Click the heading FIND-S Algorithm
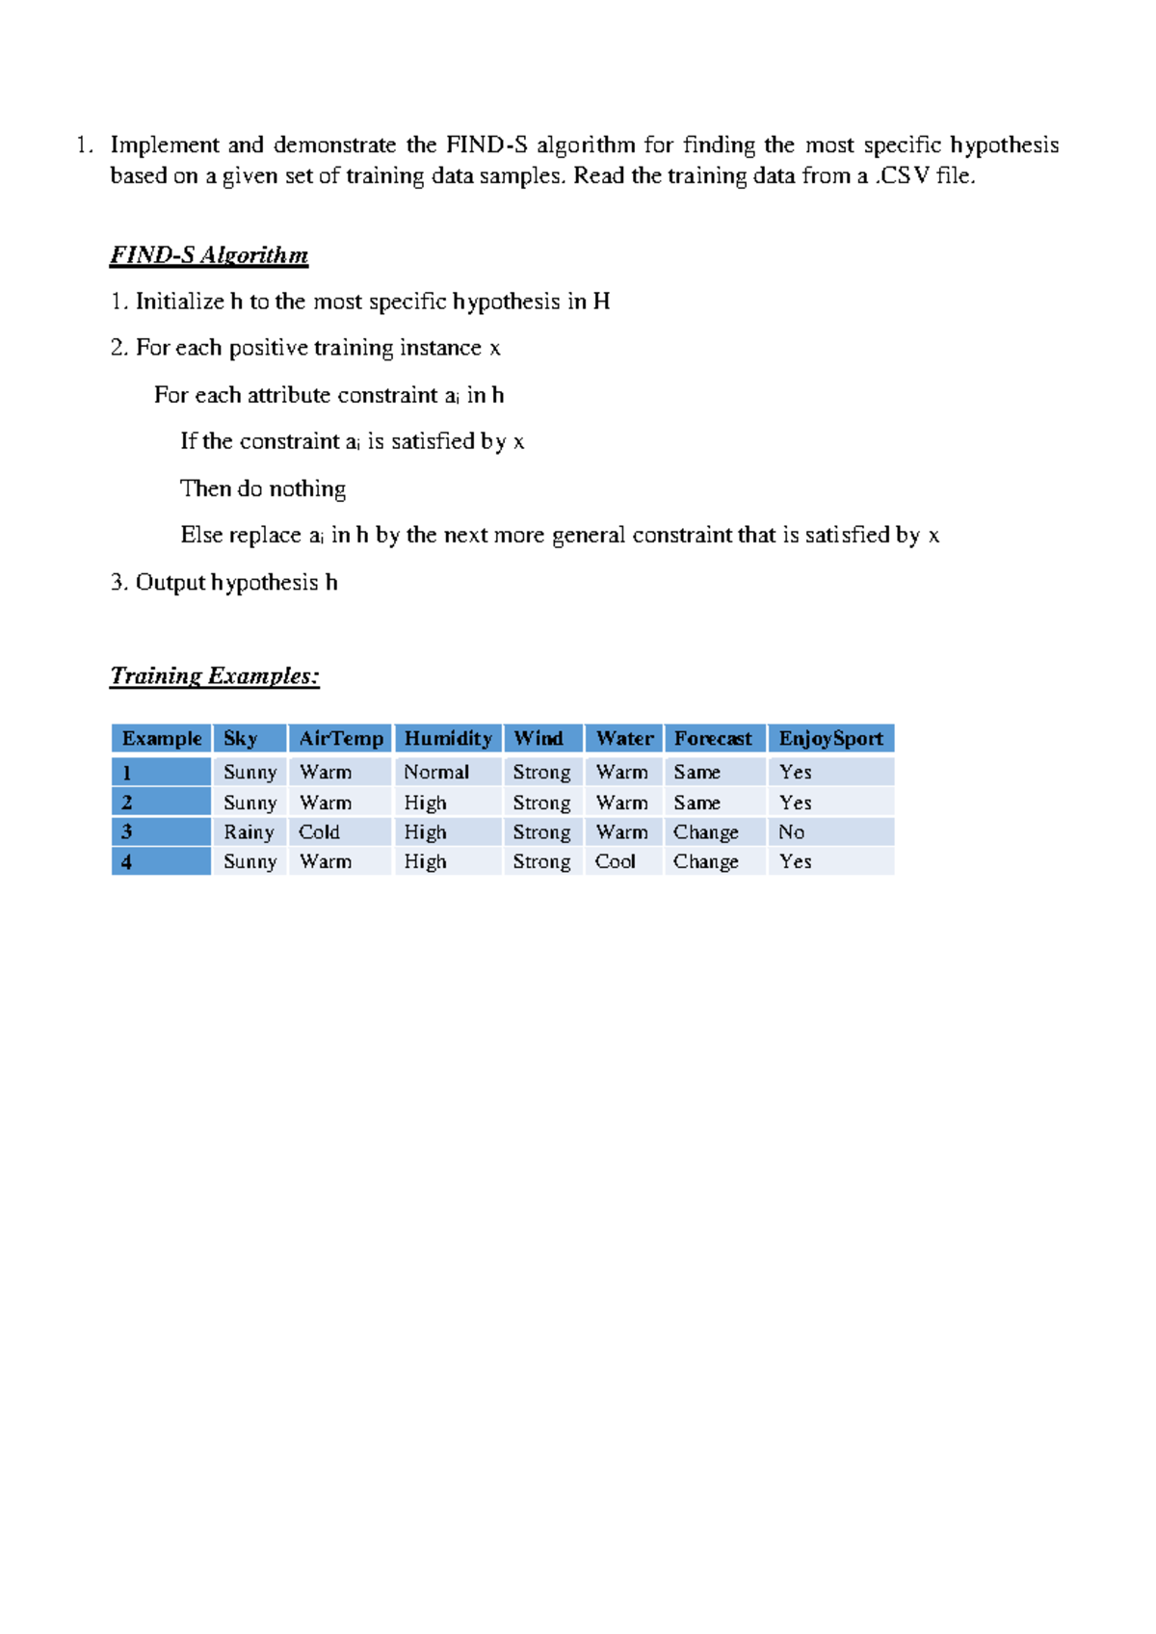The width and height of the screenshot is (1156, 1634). coord(209,255)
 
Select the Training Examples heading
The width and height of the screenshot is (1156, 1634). coord(214,675)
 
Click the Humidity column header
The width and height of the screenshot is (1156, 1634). coord(447,739)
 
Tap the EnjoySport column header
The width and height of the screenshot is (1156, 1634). coord(830,739)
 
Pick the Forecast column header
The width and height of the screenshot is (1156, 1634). coord(713,739)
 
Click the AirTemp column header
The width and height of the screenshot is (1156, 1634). coord(341,739)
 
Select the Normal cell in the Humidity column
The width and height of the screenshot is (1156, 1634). coord(436,772)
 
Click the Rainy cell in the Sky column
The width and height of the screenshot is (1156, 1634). coord(249,831)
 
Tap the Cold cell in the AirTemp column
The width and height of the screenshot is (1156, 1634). coord(319,831)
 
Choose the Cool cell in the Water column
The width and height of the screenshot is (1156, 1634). coord(616,861)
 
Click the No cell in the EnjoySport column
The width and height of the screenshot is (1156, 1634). coord(791,831)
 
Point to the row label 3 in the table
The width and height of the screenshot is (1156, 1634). coord(126,831)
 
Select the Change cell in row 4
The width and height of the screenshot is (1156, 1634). coord(705,861)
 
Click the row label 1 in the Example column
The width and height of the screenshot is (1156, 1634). coord(126,773)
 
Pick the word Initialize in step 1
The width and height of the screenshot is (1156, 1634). coord(179,302)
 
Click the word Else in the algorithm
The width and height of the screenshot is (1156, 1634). coord(201,535)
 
